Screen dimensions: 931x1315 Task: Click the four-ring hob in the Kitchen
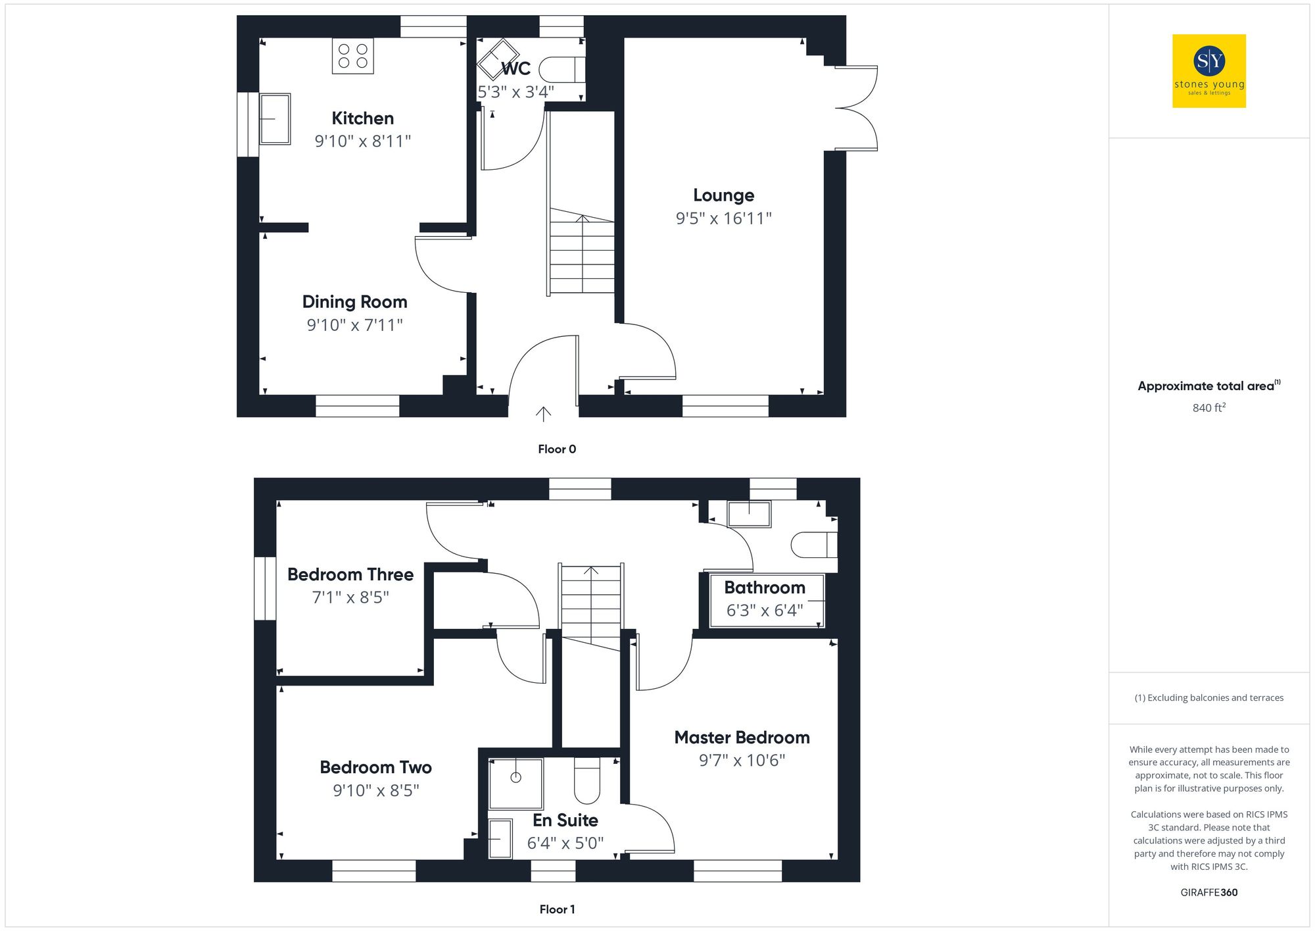click(x=353, y=56)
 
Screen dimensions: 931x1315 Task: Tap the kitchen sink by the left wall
click(x=275, y=119)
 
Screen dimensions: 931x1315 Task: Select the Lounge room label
click(x=723, y=195)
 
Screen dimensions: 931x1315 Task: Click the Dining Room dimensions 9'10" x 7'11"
click(x=354, y=325)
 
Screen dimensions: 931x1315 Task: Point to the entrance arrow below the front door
click(x=543, y=414)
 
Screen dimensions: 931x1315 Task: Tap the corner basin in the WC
click(x=498, y=59)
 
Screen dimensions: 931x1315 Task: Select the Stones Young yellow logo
click(x=1209, y=71)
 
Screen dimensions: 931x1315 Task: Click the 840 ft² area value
click(x=1208, y=408)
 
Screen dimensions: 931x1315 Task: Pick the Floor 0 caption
click(x=557, y=449)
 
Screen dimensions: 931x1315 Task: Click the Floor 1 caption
click(x=557, y=909)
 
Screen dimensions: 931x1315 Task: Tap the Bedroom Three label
click(x=350, y=574)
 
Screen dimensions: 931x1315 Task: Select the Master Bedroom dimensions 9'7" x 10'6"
click(x=742, y=761)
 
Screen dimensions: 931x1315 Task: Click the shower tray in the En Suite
click(x=516, y=783)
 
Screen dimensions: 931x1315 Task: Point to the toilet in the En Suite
click(x=587, y=782)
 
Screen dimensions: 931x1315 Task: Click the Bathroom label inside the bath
click(x=765, y=588)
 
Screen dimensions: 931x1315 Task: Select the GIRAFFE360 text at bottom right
click(x=1208, y=893)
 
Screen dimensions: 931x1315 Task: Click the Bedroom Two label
click(x=375, y=767)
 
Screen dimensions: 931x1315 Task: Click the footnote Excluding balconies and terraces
click(x=1208, y=698)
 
